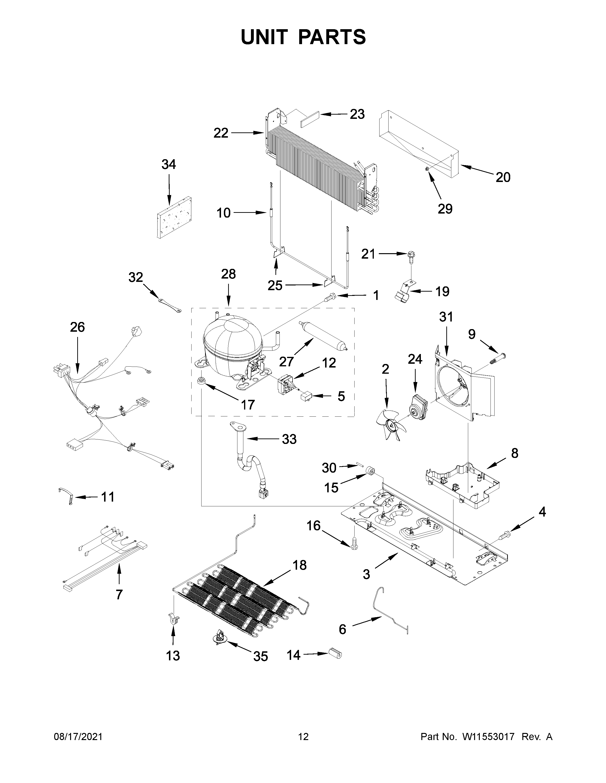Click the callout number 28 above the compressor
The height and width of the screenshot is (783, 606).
pyautogui.click(x=228, y=274)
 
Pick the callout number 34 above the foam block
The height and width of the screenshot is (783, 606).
pyautogui.click(x=168, y=165)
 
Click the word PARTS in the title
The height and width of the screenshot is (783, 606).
pyautogui.click(x=332, y=37)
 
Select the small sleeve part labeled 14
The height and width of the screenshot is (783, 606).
pyautogui.click(x=335, y=654)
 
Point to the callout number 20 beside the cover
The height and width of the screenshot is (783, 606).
pyautogui.click(x=503, y=177)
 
